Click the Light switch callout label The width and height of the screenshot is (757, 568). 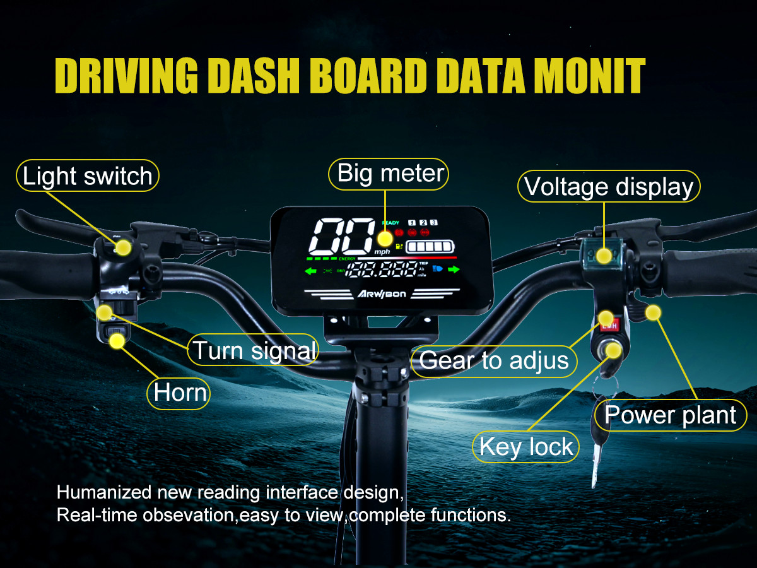(87, 176)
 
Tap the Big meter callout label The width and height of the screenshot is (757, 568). (388, 174)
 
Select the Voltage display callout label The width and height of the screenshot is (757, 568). (609, 187)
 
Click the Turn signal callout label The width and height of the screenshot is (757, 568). (254, 350)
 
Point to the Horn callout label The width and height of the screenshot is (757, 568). (180, 393)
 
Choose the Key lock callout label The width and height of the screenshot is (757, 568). (526, 446)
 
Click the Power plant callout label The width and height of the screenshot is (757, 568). (670, 415)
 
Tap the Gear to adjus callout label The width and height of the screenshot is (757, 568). (495, 360)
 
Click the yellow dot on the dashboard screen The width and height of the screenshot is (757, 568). (384, 239)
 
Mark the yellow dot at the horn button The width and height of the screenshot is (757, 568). (116, 341)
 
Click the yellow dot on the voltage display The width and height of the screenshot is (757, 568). (604, 256)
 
